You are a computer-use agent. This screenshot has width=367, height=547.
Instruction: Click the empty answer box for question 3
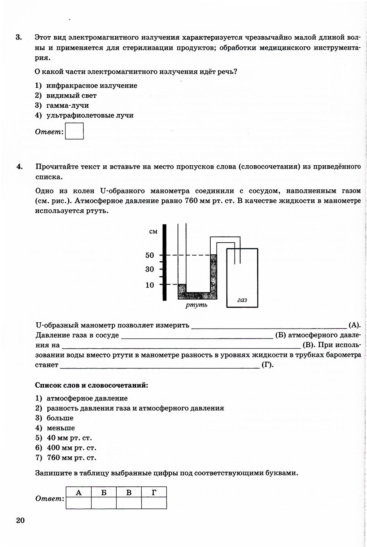74,131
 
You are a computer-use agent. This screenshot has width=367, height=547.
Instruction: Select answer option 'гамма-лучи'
68,105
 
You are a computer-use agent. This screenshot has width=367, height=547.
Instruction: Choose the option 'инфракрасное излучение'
91,86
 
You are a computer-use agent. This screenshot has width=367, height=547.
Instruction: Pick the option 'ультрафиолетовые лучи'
90,115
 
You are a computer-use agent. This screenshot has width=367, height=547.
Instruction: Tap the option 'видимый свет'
71,95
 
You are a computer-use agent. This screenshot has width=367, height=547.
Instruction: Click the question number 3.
19,37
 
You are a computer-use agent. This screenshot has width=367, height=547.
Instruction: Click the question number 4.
19,167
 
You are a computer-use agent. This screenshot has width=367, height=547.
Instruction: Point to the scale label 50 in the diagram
150,256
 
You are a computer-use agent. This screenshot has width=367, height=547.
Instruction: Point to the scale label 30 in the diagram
150,269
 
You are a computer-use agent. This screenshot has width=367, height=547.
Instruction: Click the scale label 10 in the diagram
150,285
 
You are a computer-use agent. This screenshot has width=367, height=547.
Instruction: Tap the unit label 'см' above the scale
153,232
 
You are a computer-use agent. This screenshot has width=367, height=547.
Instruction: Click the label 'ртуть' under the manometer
196,305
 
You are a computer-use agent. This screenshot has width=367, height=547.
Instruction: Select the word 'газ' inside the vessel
242,300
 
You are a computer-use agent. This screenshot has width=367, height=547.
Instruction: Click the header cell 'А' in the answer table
79,493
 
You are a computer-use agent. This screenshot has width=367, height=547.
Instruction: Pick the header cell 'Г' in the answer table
154,493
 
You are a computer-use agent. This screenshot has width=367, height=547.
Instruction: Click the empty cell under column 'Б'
104,503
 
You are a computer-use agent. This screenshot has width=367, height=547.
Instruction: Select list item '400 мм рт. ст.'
71,448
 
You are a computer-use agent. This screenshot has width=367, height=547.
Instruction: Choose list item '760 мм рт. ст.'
71,458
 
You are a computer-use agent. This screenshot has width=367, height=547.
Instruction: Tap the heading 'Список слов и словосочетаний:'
91,385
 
